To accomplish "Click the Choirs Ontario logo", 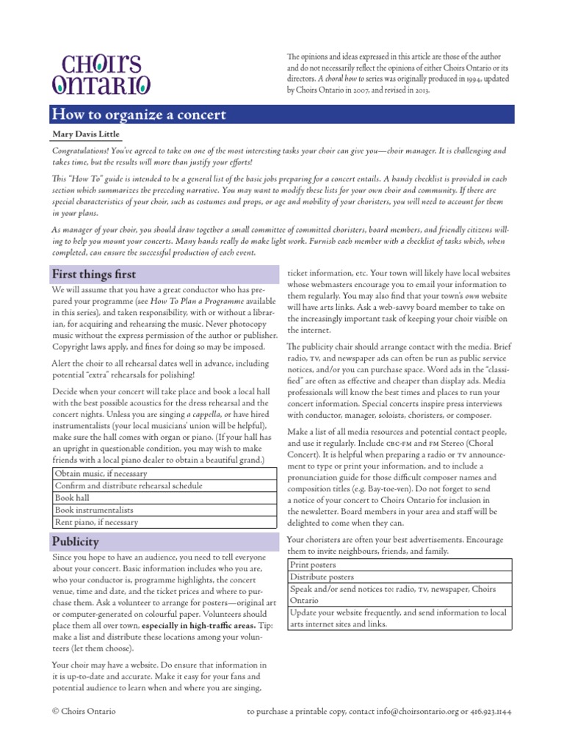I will (101, 74).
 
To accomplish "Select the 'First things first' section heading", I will (93, 274).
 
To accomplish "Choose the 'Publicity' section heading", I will (75, 541).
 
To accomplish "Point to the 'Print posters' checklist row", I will (314, 565).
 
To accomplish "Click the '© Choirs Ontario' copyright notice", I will (84, 711).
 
